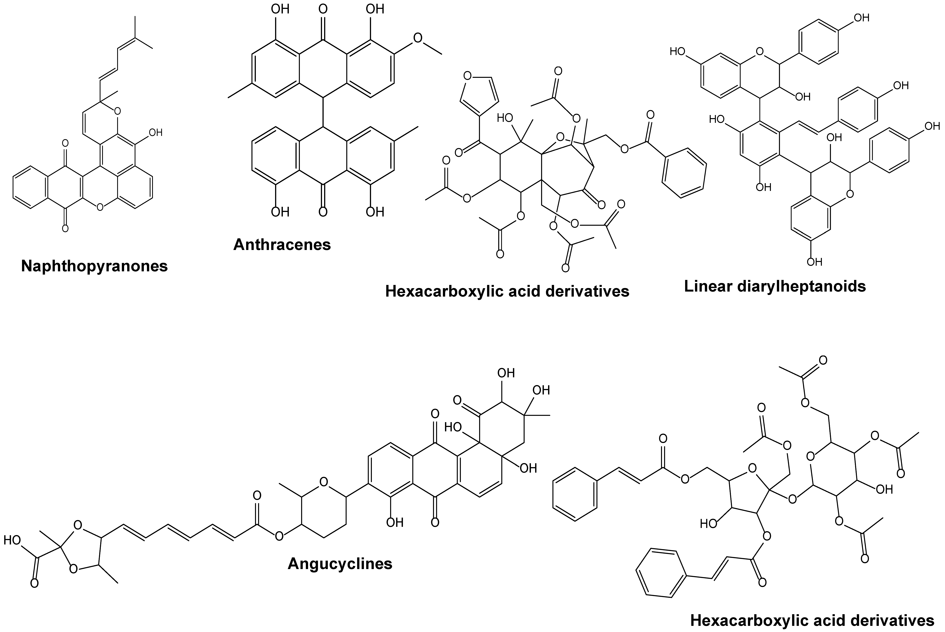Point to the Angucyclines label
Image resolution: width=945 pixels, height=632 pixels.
[340, 564]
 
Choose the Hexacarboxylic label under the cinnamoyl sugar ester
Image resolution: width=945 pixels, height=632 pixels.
[812, 620]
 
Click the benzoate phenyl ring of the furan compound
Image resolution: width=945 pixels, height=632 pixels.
[684, 173]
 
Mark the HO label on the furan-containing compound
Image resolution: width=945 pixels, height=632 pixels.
[505, 118]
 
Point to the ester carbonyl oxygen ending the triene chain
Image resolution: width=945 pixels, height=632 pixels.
[257, 495]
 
